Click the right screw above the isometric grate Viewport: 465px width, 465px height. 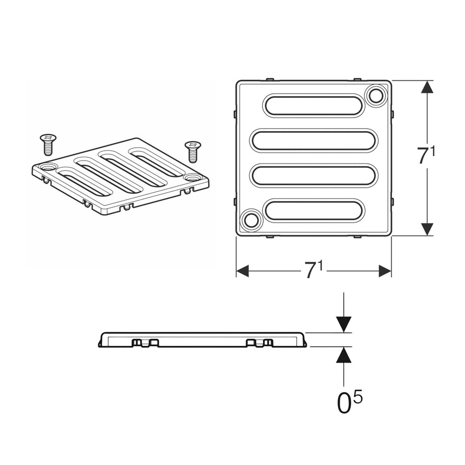pyautogui.click(x=192, y=151)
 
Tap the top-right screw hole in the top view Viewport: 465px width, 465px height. pyautogui.click(x=376, y=95)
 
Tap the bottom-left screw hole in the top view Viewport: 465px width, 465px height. pyautogui.click(x=251, y=220)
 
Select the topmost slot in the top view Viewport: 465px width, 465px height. pyautogui.click(x=313, y=105)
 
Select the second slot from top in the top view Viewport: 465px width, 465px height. pyautogui.click(x=313, y=140)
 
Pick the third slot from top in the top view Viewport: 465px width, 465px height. pyautogui.click(x=313, y=176)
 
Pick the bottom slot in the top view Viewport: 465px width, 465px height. pyautogui.click(x=313, y=210)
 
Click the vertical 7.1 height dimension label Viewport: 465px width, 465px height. pyautogui.click(x=426, y=156)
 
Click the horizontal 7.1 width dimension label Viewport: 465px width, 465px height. pyautogui.click(x=314, y=270)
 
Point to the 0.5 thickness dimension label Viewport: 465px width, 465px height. pyautogui.click(x=350, y=401)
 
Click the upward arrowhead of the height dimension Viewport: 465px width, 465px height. pyautogui.click(x=427, y=87)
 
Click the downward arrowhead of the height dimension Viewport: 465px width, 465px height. pyautogui.click(x=427, y=229)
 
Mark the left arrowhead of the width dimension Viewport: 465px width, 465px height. pyautogui.click(x=243, y=270)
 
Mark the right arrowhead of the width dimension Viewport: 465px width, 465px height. pyautogui.click(x=385, y=270)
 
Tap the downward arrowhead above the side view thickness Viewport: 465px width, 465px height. pyautogui.click(x=344, y=324)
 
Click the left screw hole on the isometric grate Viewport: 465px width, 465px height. pyautogui.click(x=48, y=167)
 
